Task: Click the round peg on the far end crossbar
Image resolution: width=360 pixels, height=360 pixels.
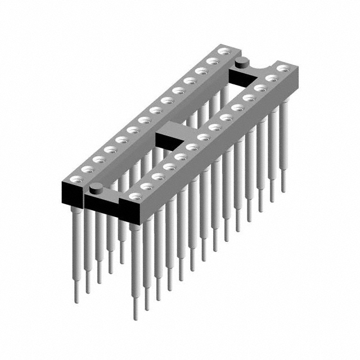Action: click(x=242, y=61)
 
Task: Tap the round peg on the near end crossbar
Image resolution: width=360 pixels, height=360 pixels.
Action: click(x=96, y=187)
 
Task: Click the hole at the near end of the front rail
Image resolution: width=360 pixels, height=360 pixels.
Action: click(x=135, y=196)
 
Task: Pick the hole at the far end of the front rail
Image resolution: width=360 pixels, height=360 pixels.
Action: click(x=282, y=69)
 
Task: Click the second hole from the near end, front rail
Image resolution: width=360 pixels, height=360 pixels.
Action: click(x=147, y=186)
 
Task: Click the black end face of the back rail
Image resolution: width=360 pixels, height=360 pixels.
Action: click(x=71, y=193)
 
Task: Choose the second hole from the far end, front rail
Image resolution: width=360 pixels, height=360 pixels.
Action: click(x=271, y=78)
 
